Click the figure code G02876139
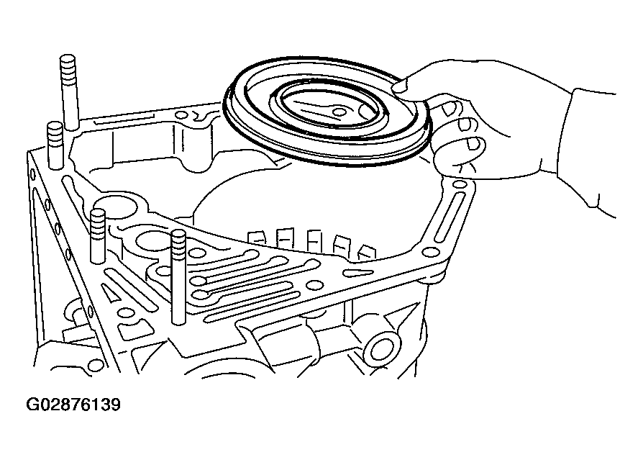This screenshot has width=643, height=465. coord(73,405)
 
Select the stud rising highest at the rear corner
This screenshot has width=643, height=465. coord(68,93)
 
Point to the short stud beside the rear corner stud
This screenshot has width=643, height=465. coord(55,145)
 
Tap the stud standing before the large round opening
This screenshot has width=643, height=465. coord(98,236)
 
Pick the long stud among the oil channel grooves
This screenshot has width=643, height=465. coord(178,277)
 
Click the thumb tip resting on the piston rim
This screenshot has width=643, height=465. coord(400,86)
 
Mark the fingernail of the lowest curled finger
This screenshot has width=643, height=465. coord(473,143)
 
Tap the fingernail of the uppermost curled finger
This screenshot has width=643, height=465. coord(448,109)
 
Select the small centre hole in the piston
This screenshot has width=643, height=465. coord(339,112)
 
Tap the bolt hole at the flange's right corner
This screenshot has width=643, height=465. coord(430,252)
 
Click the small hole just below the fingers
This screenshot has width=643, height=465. coord(457,186)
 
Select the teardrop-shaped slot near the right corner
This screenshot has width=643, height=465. coord(358,272)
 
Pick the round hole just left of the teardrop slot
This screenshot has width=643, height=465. coord(315,286)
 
